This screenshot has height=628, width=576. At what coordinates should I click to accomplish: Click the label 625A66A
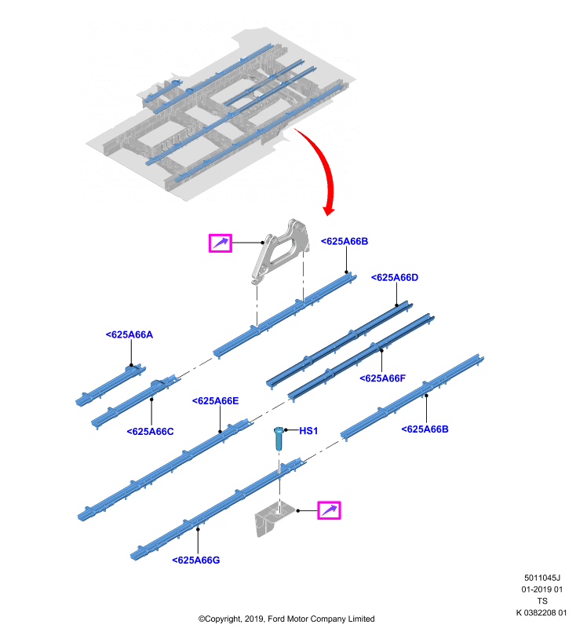point(129,334)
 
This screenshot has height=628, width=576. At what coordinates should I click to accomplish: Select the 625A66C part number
point(150,431)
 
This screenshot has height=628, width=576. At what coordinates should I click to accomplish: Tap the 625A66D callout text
point(395,278)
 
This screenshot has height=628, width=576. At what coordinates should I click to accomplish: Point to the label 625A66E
point(215,401)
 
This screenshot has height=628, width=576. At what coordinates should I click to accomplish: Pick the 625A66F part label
point(383,378)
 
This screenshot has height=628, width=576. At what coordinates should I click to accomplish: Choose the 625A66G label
point(196,560)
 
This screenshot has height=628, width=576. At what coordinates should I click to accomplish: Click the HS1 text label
point(308,430)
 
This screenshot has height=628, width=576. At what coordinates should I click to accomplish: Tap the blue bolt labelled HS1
point(279,438)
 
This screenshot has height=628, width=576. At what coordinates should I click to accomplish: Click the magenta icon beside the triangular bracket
point(221,243)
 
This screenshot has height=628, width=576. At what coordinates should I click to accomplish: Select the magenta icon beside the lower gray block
point(329,510)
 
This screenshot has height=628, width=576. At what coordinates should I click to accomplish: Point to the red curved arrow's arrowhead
point(329,210)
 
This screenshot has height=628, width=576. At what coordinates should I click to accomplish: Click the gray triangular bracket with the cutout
point(280,251)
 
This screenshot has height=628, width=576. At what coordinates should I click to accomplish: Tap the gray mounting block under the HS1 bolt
point(272,518)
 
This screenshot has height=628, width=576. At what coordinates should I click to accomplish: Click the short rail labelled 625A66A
point(111,385)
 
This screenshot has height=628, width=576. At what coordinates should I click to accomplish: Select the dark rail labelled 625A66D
point(340,345)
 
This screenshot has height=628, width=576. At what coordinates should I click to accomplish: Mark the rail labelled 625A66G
point(218,509)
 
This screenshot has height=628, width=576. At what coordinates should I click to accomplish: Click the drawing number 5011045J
point(542,578)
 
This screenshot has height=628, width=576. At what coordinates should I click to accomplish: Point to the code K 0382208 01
point(541,612)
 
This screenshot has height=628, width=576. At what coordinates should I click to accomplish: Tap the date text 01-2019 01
point(542,590)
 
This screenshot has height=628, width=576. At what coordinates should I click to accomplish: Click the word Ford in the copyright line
point(276,619)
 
